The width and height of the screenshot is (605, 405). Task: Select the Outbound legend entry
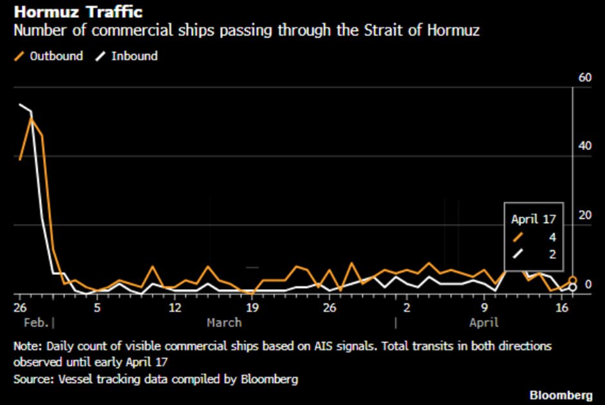coord(49,56)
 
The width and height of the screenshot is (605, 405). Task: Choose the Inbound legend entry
coord(127,56)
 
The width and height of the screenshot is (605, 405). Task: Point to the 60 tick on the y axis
coord(584,78)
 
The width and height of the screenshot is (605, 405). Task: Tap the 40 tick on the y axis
coord(584,146)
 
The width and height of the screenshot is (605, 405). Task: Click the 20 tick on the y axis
coord(584,214)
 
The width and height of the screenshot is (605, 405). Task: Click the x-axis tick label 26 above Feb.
coord(19,308)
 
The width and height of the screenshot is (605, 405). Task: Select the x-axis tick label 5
coord(97,308)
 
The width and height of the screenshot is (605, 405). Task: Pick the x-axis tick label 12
coord(174,308)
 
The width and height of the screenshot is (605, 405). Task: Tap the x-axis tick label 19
coord(252,308)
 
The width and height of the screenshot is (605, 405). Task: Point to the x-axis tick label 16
coord(562,308)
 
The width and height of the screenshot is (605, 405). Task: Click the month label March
coord(224,323)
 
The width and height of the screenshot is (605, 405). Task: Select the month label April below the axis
coord(483,323)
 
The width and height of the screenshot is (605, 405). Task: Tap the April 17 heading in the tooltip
coord(533,220)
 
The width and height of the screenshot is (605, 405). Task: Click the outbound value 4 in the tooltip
coord(552,237)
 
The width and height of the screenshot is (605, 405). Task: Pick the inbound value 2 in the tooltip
coord(552,254)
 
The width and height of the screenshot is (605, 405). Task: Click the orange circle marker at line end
coord(573,281)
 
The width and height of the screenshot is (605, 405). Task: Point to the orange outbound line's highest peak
coord(31,118)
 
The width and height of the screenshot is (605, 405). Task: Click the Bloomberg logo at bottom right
coord(562,394)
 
